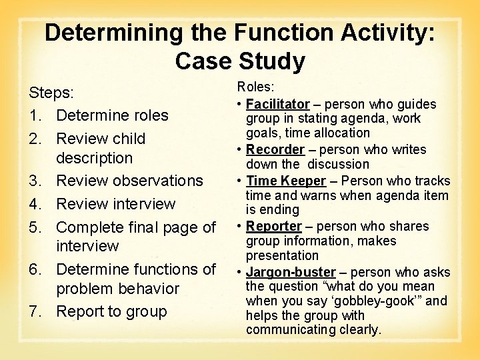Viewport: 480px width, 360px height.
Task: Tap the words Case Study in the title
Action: coord(240,61)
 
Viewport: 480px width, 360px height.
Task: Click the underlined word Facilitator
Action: coord(277,104)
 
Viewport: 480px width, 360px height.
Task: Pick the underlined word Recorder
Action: coord(275,149)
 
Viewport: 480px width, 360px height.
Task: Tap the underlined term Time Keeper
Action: coord(286,181)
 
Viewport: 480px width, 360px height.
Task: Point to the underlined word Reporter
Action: coord(274,226)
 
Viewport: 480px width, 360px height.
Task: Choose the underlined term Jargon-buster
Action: coord(291,272)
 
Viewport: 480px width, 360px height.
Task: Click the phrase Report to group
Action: coord(111,311)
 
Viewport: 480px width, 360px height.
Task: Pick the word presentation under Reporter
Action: coord(282,255)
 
